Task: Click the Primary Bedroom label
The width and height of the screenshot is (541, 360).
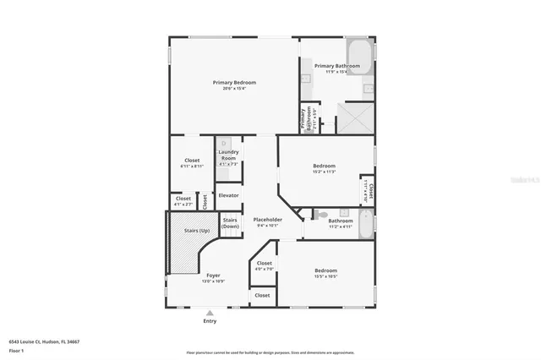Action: [233, 82]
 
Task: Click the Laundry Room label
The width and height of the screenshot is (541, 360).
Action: [228, 155]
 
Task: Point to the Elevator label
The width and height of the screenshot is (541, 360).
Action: [228, 195]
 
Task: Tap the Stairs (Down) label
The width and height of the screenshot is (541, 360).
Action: [230, 222]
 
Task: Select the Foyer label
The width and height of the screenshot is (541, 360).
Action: [214, 275]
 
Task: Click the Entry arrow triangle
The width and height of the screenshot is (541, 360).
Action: [210, 313]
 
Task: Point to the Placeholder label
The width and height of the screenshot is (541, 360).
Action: [267, 220]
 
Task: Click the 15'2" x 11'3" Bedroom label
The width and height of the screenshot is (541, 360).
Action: [325, 166]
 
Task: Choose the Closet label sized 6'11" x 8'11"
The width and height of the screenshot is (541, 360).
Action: [192, 160]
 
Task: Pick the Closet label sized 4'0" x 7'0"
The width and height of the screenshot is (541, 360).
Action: [265, 263]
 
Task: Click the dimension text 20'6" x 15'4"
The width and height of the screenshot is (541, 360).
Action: [233, 89]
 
